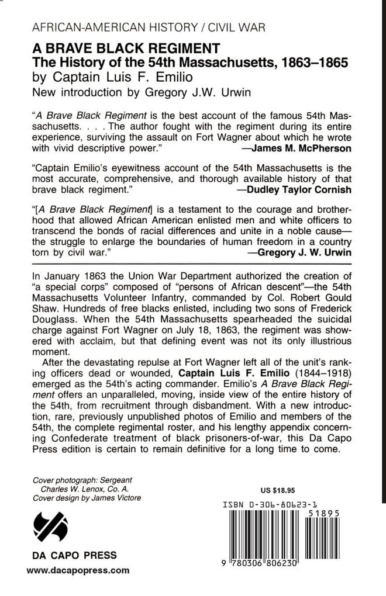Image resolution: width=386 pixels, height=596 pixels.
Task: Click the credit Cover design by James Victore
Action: [87, 497]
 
